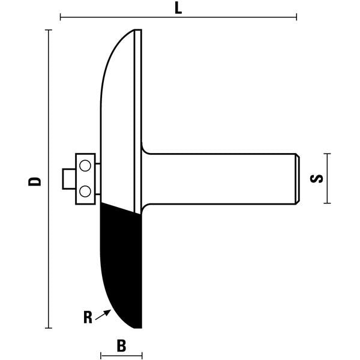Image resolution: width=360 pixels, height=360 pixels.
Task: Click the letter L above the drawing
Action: point(178,8)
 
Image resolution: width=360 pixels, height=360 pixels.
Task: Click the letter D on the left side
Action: point(36,179)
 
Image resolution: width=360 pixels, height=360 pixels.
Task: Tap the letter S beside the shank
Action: point(318,178)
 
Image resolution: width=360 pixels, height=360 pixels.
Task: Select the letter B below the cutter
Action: point(121,346)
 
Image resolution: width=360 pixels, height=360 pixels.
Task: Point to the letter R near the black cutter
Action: point(88,317)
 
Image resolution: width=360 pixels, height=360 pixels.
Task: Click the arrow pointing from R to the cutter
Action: point(104,312)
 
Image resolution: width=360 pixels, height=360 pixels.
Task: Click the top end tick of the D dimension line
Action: point(49,29)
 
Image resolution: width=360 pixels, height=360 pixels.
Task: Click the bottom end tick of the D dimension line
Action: point(49,328)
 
